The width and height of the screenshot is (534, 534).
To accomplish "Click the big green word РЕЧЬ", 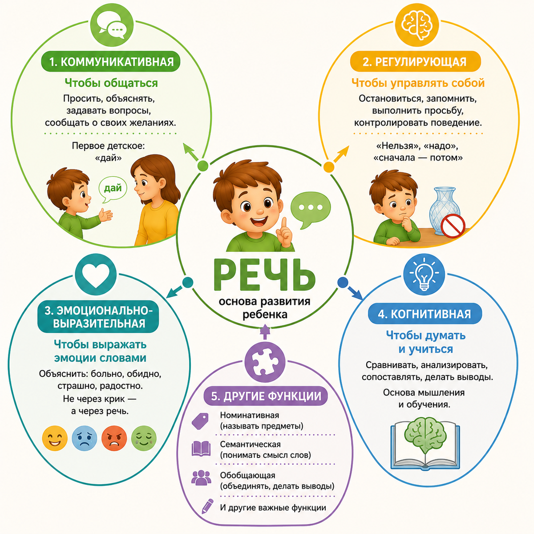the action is (x=264, y=275).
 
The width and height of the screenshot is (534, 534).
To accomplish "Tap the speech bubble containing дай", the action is (x=113, y=190).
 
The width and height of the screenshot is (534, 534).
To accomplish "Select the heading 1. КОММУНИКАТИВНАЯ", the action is (x=111, y=61).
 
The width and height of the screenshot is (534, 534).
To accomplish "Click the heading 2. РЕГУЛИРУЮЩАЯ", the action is (x=415, y=61).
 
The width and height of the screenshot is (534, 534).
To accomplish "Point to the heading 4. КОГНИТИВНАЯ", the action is (x=425, y=314).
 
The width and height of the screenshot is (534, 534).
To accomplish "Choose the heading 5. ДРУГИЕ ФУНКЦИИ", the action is (x=266, y=396).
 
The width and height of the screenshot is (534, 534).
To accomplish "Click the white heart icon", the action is (x=96, y=275).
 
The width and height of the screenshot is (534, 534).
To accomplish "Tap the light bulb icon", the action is (x=424, y=274).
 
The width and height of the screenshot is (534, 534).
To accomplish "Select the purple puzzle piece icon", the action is (x=265, y=362).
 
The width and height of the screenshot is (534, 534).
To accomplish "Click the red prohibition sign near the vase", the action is (x=453, y=226).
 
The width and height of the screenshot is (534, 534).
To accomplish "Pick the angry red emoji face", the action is (x=114, y=439).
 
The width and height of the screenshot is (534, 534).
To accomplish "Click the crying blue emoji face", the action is (x=84, y=439).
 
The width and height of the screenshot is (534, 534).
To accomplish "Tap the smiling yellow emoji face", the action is (x=55, y=439).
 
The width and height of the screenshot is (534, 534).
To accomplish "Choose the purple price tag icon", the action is (x=200, y=421).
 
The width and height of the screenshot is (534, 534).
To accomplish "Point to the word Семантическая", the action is (x=250, y=444).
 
